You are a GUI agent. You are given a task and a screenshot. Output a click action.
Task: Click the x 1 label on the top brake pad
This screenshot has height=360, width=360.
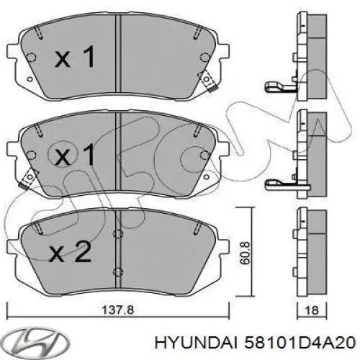[x=75, y=58]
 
